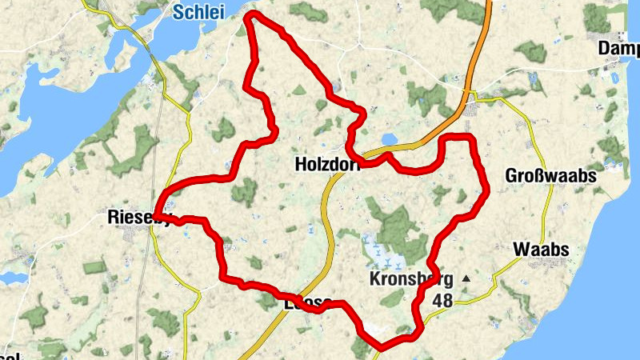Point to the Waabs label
click(x=542, y=250)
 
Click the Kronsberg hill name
click(x=411, y=279)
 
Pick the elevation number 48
click(x=442, y=301)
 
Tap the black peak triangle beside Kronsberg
click(x=466, y=278)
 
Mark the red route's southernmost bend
click(x=381, y=346)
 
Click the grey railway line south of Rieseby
click(x=142, y=288)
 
